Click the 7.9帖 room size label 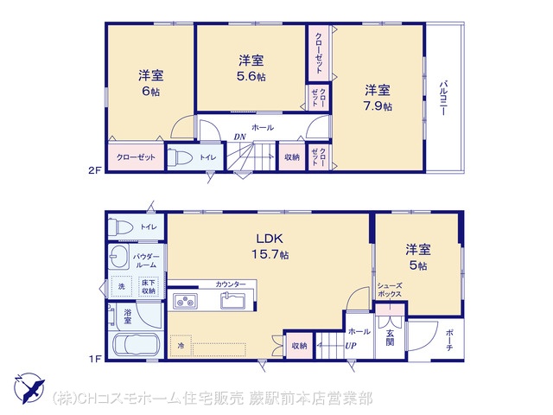pyautogui.click(x=378, y=105)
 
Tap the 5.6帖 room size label pyautogui.click(x=251, y=76)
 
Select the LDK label pyautogui.click(x=270, y=239)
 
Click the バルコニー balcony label pyautogui.click(x=443, y=98)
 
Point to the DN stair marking pyautogui.click(x=240, y=137)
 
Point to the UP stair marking pyautogui.click(x=351, y=346)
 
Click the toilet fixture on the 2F pyautogui.click(x=179, y=157)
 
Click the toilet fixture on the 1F pyautogui.click(x=120, y=227)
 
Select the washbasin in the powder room pyautogui.click(x=118, y=256)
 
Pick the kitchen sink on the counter pyautogui.click(x=233, y=301)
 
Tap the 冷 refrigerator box pyautogui.click(x=181, y=346)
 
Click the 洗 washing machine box pyautogui.click(x=122, y=286)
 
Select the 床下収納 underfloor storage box pyautogui.click(x=149, y=286)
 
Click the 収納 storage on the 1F pyautogui.click(x=299, y=346)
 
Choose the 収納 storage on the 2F pyautogui.click(x=292, y=157)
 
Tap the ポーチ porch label pyautogui.click(x=449, y=340)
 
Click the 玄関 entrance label pyautogui.click(x=390, y=337)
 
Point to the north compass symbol pyautogui.click(x=29, y=388)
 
